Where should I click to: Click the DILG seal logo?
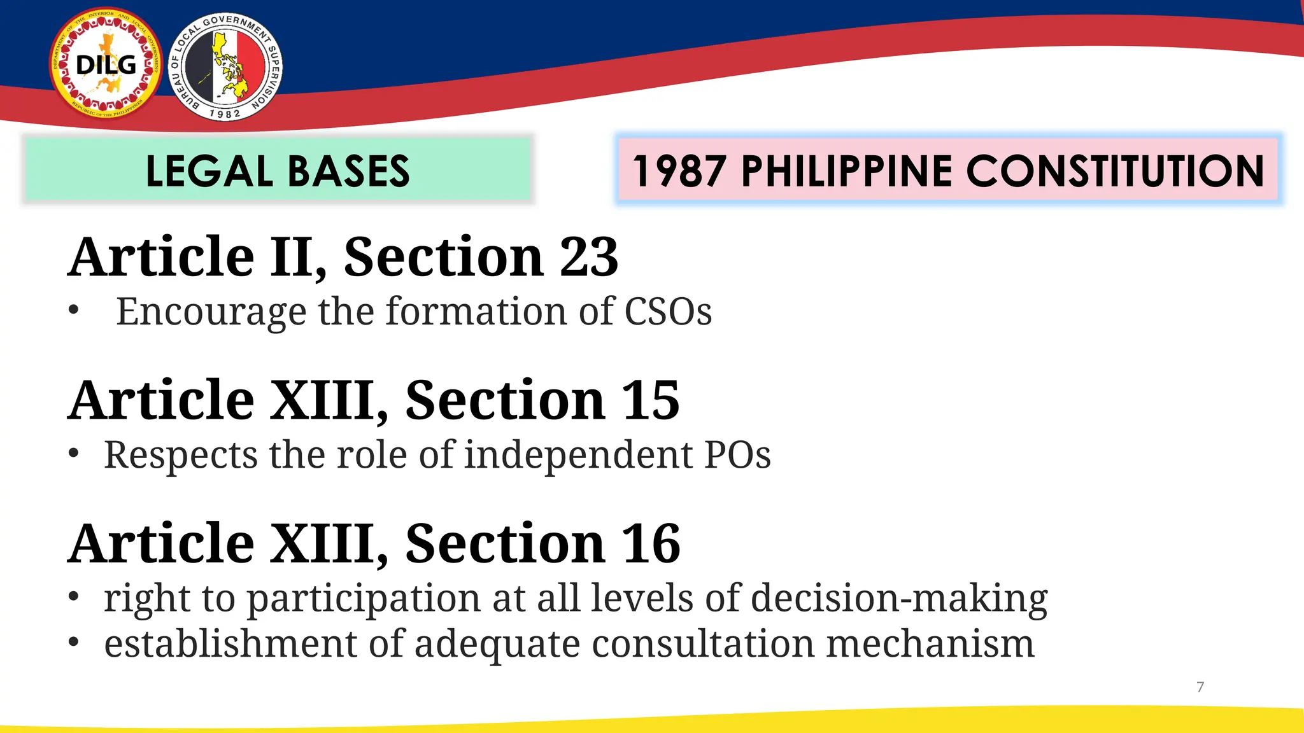point(106,64)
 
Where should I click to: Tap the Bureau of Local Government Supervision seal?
point(225,67)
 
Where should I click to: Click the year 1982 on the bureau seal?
point(225,114)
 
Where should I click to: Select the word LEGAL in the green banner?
point(209,171)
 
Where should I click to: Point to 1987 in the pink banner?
point(679,171)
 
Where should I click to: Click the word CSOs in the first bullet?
point(668,311)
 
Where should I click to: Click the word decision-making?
point(899,599)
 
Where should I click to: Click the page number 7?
point(1200,687)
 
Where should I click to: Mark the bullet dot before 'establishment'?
point(74,642)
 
